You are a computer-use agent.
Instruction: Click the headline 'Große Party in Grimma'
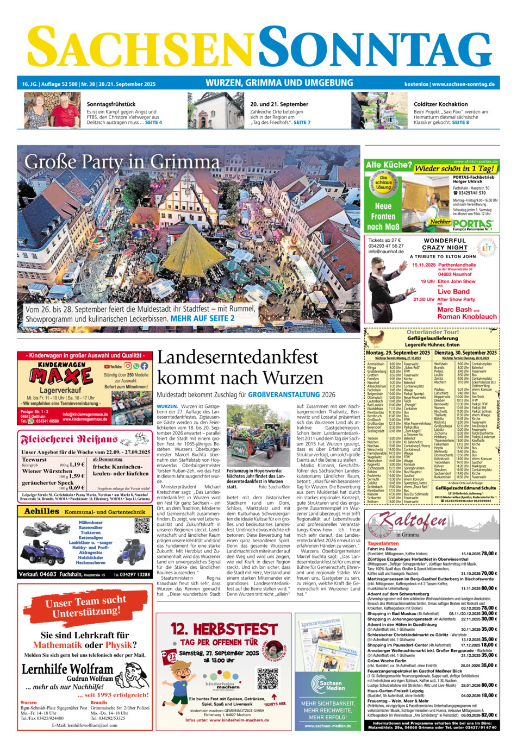[x=122, y=162]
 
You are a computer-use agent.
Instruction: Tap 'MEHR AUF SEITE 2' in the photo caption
[x=203, y=318]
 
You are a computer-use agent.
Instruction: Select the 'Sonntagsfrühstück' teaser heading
[x=111, y=104]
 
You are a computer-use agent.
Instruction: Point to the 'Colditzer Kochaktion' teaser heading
[x=441, y=104]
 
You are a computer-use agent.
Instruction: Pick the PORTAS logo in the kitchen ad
[x=472, y=223]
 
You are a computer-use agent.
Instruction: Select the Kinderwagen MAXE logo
[x=61, y=375]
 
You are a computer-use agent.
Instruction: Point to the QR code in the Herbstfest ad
[x=267, y=679]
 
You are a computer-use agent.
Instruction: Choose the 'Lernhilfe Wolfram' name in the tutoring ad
[x=67, y=669]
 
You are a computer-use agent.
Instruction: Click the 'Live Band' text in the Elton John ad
[x=453, y=291]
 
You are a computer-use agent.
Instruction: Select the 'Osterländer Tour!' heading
[x=432, y=331]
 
